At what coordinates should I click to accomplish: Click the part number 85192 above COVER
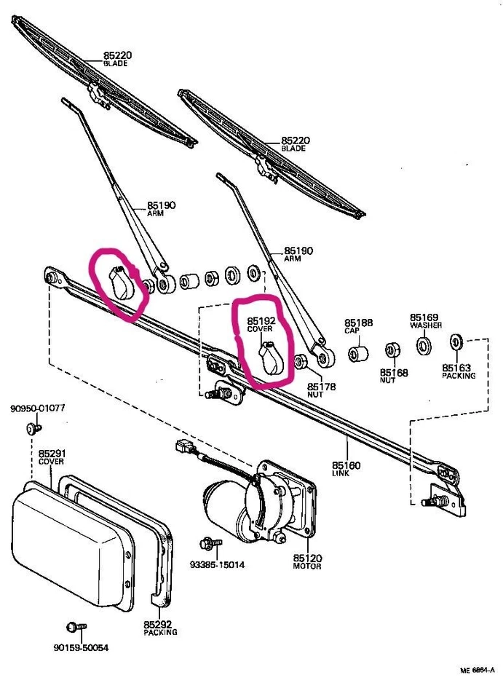click(x=261, y=320)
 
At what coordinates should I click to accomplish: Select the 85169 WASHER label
click(x=424, y=321)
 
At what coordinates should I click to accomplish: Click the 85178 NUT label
click(x=320, y=390)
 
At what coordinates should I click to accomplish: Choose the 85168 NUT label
click(x=394, y=376)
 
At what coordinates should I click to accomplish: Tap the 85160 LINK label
click(x=346, y=468)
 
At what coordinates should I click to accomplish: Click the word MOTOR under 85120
click(x=307, y=566)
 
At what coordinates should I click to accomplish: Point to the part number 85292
click(x=158, y=624)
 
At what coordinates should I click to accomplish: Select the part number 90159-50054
click(x=81, y=647)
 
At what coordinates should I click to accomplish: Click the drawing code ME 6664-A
click(x=478, y=670)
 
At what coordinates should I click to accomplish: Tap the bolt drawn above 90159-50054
click(x=75, y=627)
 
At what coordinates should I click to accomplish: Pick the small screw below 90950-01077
click(x=32, y=429)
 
